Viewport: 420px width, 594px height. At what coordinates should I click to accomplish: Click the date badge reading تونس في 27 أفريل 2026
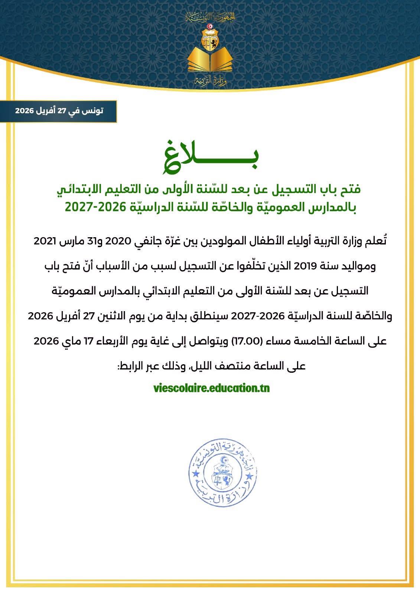(59, 111)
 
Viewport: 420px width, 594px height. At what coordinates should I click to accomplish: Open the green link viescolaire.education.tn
(211, 388)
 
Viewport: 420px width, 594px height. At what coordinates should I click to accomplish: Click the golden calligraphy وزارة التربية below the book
(210, 81)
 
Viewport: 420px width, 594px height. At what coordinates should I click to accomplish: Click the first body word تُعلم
(377, 241)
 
